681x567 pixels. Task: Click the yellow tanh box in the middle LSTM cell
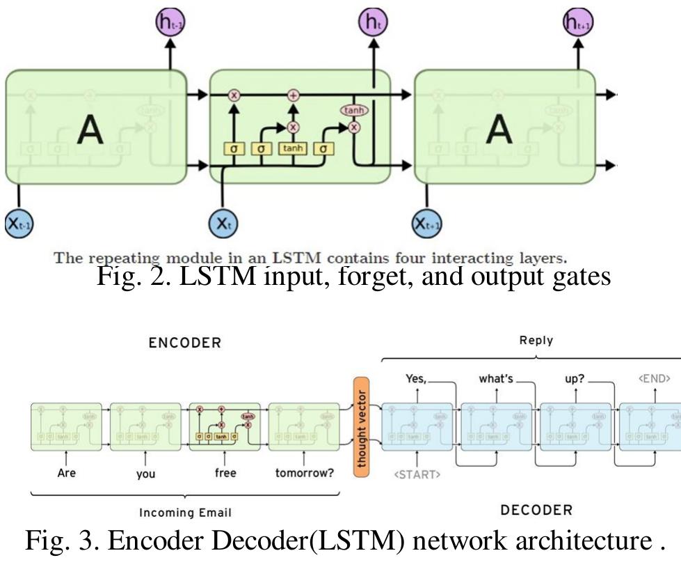[x=292, y=148]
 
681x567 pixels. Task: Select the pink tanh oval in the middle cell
[x=354, y=110]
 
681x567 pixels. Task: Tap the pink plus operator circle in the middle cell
[x=293, y=95]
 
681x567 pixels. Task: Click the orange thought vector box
[x=361, y=426]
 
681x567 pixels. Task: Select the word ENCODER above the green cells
[x=185, y=343]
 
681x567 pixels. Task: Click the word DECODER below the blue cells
[x=536, y=511]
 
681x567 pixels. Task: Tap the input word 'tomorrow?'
[x=304, y=473]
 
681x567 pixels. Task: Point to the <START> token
[x=417, y=475]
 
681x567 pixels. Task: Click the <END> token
[x=654, y=379]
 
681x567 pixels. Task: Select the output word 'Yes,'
[x=416, y=379]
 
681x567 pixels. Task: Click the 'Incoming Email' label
[x=185, y=513]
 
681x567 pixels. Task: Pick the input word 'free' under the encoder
[x=225, y=473]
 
